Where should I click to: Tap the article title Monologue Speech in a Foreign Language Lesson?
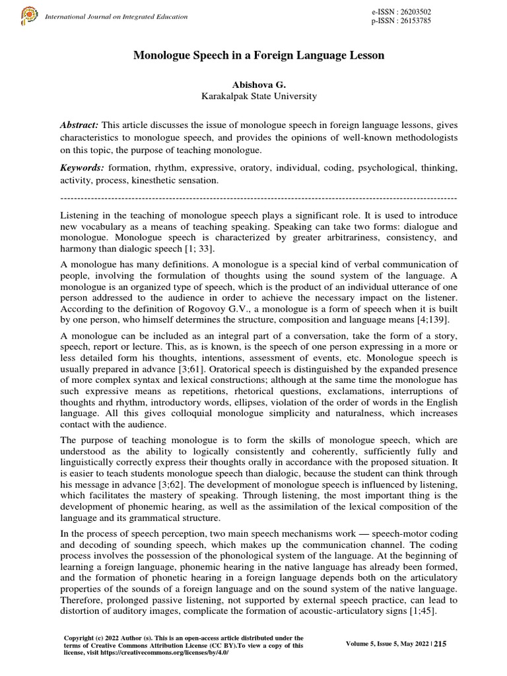click(259, 56)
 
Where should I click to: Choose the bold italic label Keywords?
click(83, 168)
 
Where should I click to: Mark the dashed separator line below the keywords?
click(259, 197)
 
